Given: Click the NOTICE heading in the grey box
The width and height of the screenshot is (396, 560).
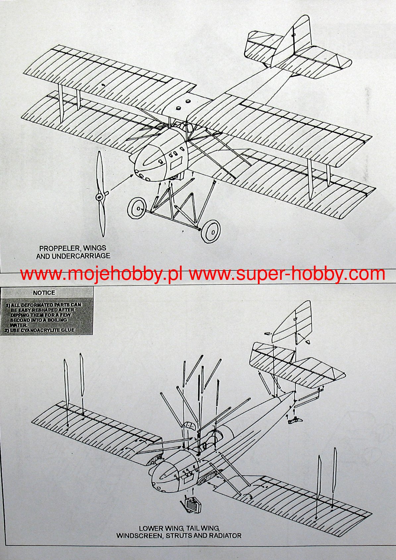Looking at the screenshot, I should click(44, 293).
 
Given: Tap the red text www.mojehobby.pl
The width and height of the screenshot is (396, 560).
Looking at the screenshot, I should click(101, 274).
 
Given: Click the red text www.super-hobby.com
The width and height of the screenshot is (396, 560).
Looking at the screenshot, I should click(287, 274).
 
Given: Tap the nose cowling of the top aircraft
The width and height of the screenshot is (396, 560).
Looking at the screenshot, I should click(149, 162).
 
